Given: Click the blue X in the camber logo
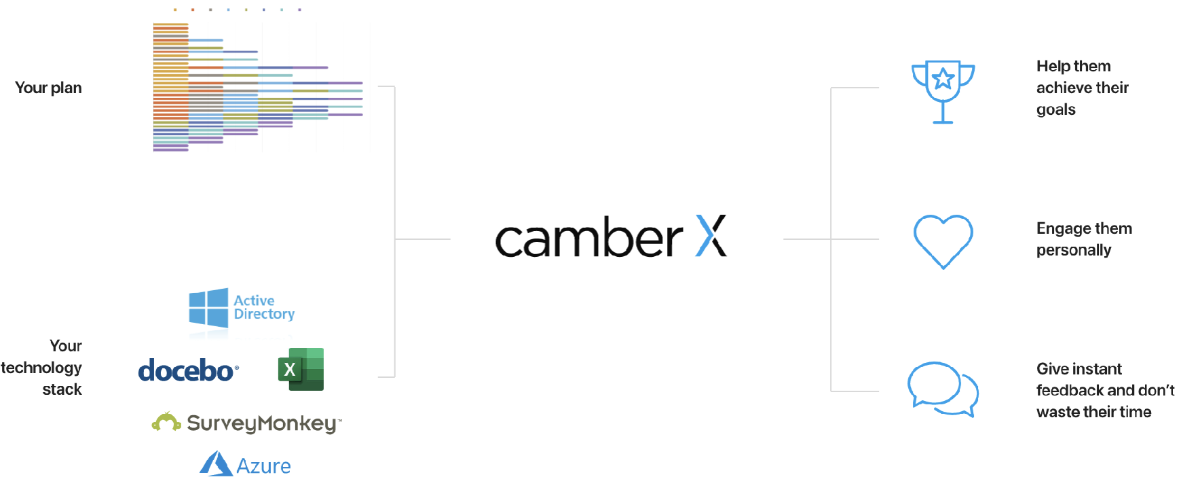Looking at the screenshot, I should click(711, 236).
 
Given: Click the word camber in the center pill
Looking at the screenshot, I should click(588, 239).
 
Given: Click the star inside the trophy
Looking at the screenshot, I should click(943, 80).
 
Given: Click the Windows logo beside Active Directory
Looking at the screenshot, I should click(208, 308).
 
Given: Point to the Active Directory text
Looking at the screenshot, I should click(264, 307).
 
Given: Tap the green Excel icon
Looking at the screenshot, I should click(301, 370).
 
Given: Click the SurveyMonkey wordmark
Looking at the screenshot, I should click(263, 423).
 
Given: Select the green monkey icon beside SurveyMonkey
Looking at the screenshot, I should click(166, 422).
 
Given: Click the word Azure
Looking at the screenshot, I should click(263, 466).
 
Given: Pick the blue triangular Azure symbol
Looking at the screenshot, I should click(216, 463).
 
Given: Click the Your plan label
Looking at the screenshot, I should click(48, 88).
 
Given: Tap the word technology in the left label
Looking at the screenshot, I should click(41, 368).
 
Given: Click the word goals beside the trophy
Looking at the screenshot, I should click(1056, 109).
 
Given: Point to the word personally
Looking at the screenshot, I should click(1074, 250).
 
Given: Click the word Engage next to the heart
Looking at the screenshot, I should click(1060, 228).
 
